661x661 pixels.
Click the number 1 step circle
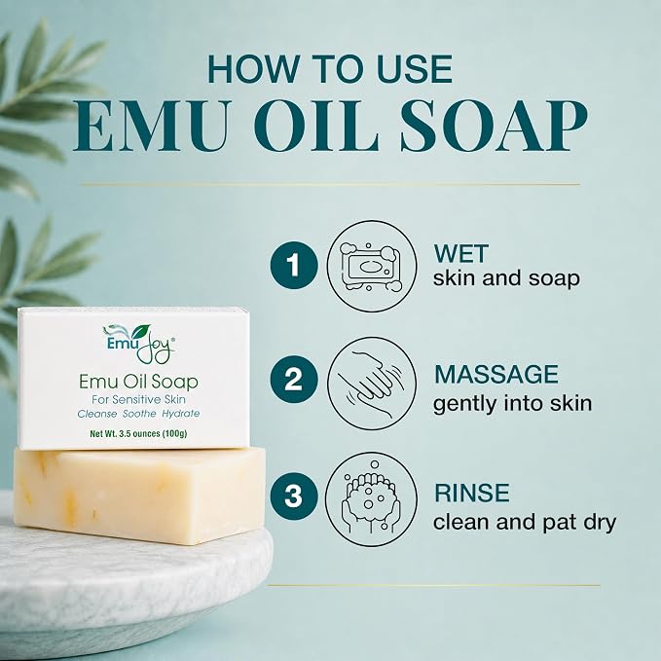pyautogui.click(x=294, y=265)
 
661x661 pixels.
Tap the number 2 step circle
pyautogui.click(x=294, y=379)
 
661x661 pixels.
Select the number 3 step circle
pyautogui.click(x=294, y=496)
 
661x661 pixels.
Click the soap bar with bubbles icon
pyautogui.click(x=372, y=267)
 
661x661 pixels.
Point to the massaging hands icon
pyautogui.click(x=372, y=383)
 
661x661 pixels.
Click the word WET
pyautogui.click(x=460, y=254)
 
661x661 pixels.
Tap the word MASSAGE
pyautogui.click(x=496, y=374)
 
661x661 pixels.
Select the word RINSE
pyautogui.click(x=472, y=493)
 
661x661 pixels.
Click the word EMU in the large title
pyautogui.click(x=149, y=127)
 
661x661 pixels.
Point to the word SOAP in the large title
pyautogui.click(x=494, y=127)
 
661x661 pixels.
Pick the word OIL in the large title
pyautogui.click(x=316, y=127)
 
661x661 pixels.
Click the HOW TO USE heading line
pyautogui.click(x=330, y=69)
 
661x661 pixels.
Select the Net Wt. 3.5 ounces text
pyautogui.click(x=138, y=433)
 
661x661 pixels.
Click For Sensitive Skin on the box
pyautogui.click(x=138, y=399)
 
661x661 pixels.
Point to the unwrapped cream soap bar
pyautogui.click(x=139, y=496)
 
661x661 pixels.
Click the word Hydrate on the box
pyautogui.click(x=181, y=414)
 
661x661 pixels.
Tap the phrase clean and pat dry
pyautogui.click(x=525, y=523)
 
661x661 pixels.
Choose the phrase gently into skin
pyautogui.click(x=513, y=404)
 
